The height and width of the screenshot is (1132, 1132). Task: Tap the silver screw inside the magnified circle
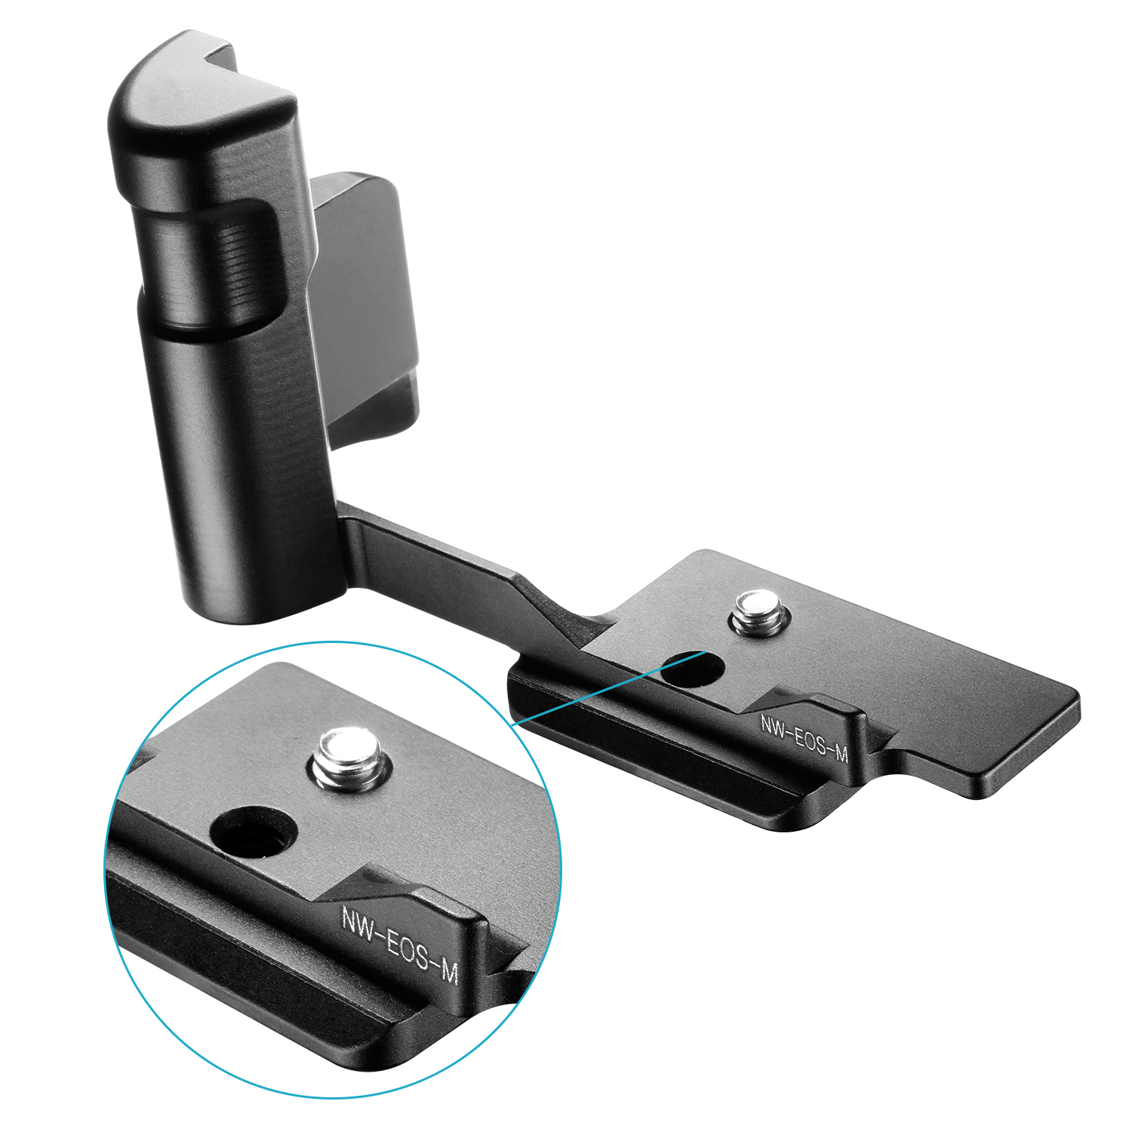pyautogui.click(x=348, y=761)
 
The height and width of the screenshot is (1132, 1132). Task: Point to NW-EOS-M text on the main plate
pyautogui.click(x=804, y=739)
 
